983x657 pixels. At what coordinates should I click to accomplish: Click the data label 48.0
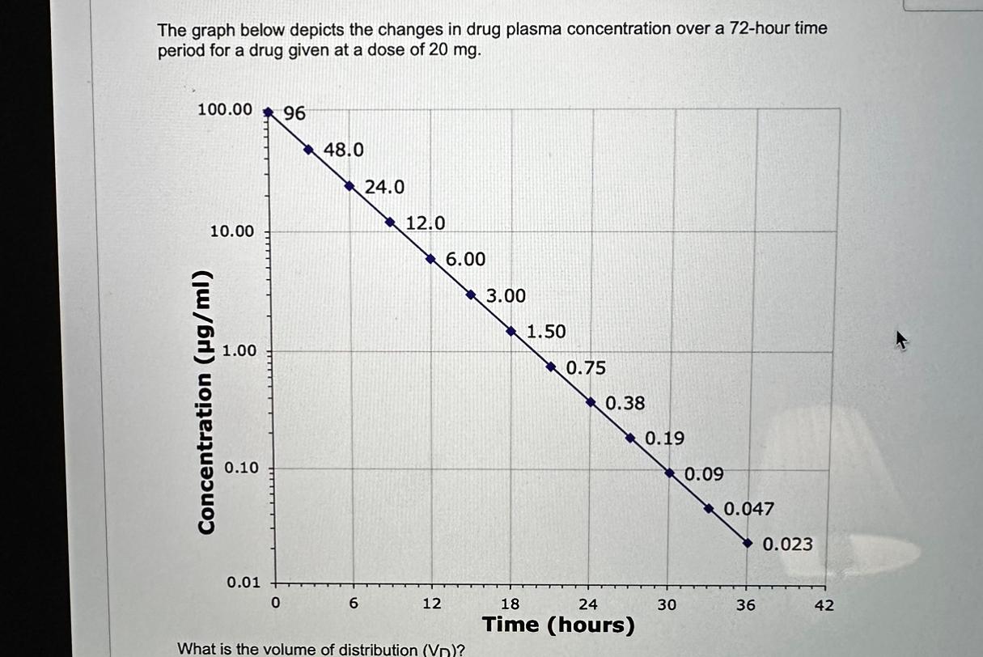(x=344, y=150)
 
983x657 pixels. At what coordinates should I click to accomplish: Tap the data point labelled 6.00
(x=430, y=259)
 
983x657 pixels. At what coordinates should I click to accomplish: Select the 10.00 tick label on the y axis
(x=232, y=232)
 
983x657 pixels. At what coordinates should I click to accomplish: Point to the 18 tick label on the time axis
(x=511, y=604)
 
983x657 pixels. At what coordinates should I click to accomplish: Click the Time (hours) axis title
(x=558, y=625)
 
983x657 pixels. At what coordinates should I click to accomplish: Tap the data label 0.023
(x=788, y=545)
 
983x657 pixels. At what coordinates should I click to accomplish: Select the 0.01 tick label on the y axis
(x=243, y=583)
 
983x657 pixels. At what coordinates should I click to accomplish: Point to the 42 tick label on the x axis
(x=824, y=605)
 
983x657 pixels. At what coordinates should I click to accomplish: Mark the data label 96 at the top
(x=295, y=114)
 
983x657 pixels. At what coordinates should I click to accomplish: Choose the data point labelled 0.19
(x=630, y=438)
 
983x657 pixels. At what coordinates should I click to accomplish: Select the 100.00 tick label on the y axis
(x=225, y=109)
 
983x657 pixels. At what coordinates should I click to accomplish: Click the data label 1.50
(x=546, y=332)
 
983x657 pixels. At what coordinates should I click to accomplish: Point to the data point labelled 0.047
(x=709, y=509)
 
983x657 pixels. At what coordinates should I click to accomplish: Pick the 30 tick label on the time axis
(x=667, y=604)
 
